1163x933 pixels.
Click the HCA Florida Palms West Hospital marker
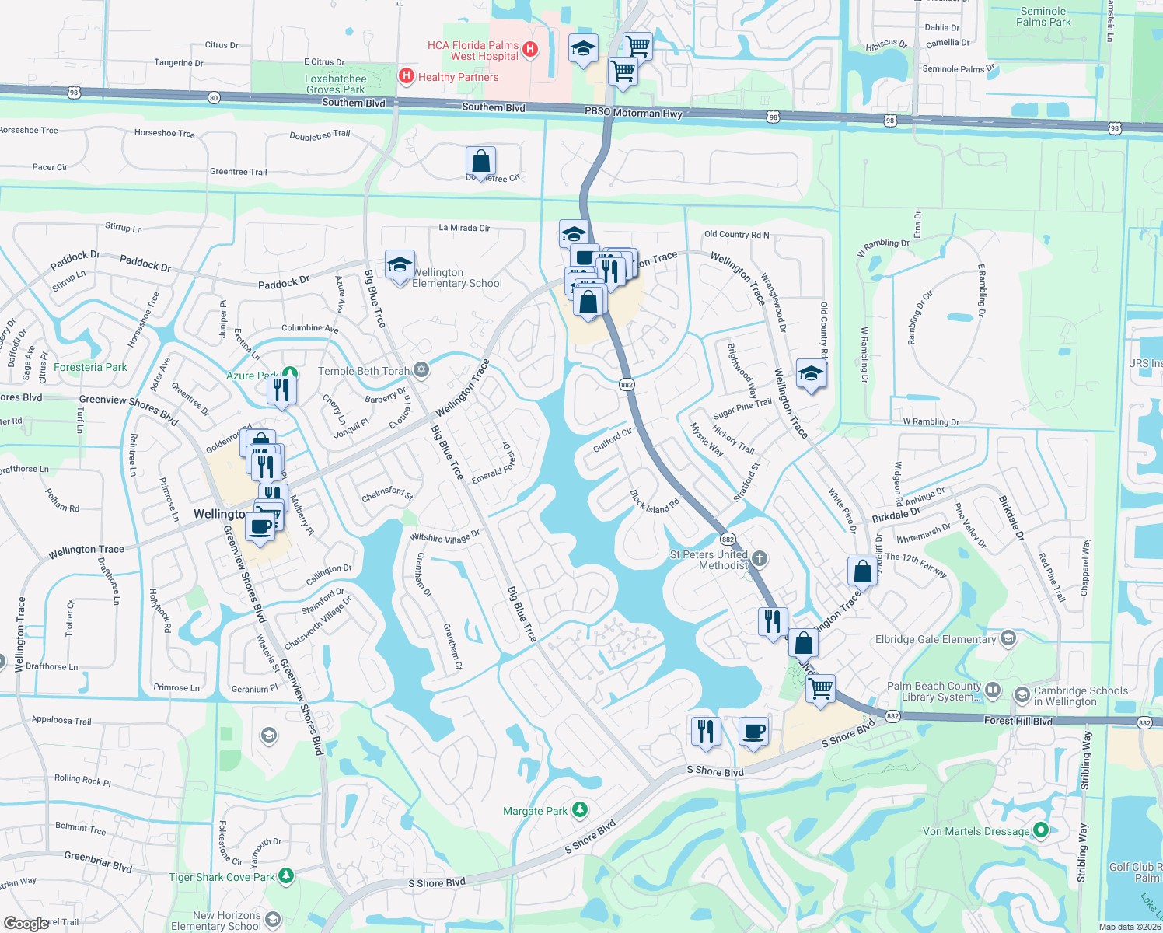tap(530, 50)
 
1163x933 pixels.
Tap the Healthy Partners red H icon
tap(405, 76)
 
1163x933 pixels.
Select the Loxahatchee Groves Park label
tap(336, 84)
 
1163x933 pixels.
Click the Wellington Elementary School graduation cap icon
tap(400, 265)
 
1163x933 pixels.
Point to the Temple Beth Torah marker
tap(421, 369)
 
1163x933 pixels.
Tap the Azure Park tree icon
tap(290, 375)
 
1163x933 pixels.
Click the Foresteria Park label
tap(90, 367)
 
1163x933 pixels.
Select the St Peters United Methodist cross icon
tap(760, 558)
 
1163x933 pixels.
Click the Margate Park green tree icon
tap(579, 810)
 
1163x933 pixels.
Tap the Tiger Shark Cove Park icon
tap(285, 876)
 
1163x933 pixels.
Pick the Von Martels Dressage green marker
tap(1041, 830)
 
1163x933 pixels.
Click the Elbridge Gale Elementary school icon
tap(1008, 638)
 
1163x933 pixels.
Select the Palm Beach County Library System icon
tap(993, 690)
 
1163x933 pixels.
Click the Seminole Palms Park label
tap(1043, 16)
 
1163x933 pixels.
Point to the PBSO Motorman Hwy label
tap(634, 113)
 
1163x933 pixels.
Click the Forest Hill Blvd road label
tap(1018, 721)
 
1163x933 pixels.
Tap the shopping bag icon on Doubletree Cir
tap(481, 161)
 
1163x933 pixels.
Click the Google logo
tap(26, 923)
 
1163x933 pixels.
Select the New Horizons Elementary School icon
tap(272, 920)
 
